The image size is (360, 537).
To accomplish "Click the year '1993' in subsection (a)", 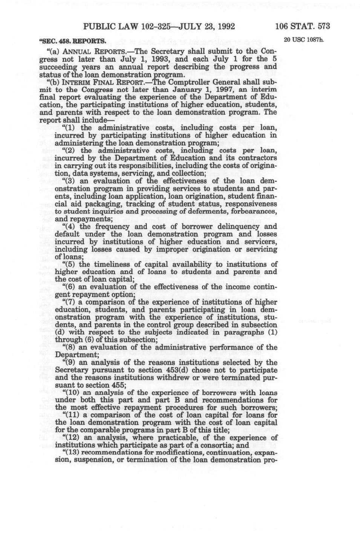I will coord(176,59).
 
